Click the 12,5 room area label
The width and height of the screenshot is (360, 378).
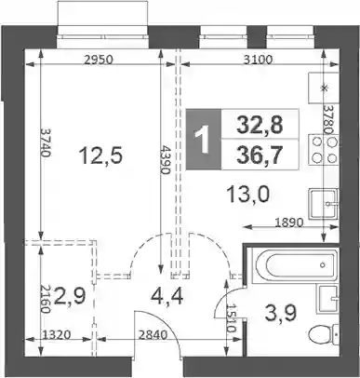point(101,155)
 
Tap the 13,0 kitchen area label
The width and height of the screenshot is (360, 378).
point(248,195)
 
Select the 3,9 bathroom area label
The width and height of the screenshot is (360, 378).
point(281,313)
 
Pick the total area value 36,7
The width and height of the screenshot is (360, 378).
point(260,155)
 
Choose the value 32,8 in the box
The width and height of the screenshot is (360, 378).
point(260,125)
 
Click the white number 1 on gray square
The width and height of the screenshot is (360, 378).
point(204,141)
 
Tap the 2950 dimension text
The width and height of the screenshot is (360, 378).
point(98,60)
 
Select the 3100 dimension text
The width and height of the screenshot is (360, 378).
point(258,60)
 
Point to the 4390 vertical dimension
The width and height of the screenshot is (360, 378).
point(165,159)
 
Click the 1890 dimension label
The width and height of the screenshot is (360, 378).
point(288,223)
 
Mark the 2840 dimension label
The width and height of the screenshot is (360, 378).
point(153,335)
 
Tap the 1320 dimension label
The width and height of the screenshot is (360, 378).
point(58,335)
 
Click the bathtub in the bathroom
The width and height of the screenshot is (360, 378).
point(293,265)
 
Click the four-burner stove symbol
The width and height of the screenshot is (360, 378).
point(324,150)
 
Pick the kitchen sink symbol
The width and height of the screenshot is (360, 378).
point(324,204)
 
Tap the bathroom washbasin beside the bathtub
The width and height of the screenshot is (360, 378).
point(327,300)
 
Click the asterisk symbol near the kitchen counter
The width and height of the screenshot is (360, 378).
point(325,88)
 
